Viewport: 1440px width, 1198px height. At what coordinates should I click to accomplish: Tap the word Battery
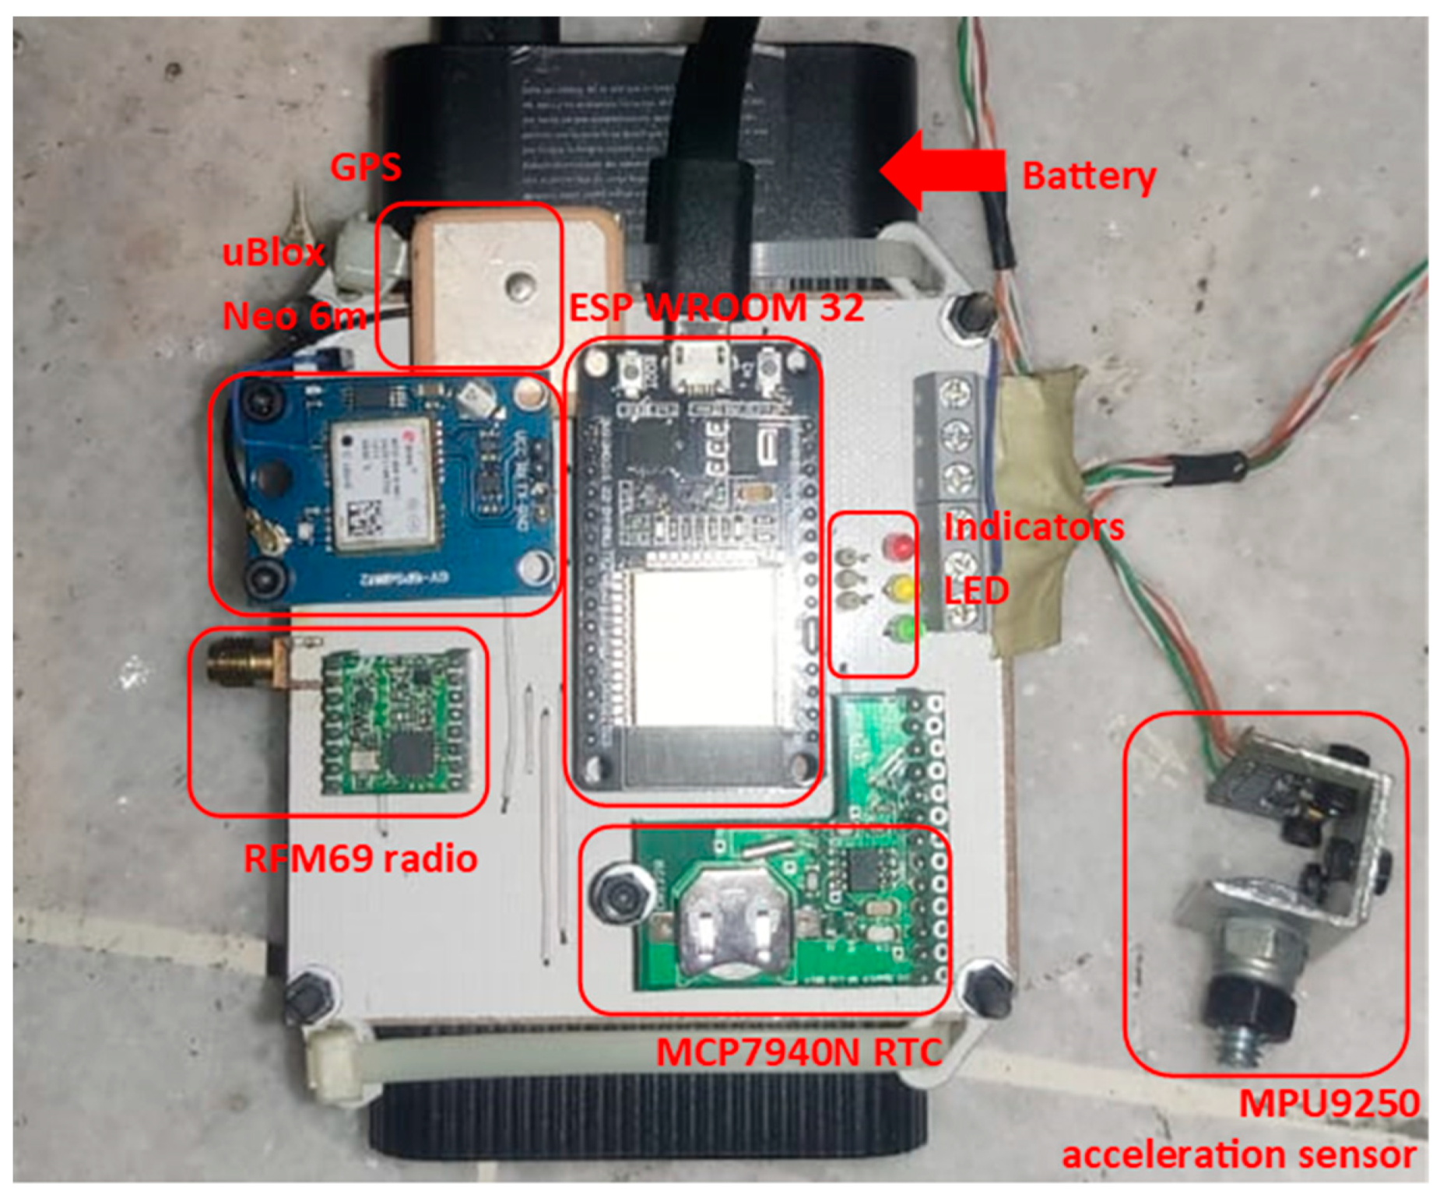coord(1088,176)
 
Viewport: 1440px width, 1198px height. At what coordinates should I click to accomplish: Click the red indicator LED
coord(899,546)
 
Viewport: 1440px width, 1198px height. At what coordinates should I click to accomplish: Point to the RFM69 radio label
coord(360,859)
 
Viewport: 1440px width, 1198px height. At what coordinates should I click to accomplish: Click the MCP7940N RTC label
coord(798,1052)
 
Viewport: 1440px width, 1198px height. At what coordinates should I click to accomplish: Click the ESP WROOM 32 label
coord(716,308)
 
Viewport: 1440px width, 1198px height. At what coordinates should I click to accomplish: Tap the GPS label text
coord(366,167)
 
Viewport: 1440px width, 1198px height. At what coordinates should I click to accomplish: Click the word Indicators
coord(1034,527)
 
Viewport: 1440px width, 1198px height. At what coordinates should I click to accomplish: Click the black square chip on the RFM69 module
coord(409,753)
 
